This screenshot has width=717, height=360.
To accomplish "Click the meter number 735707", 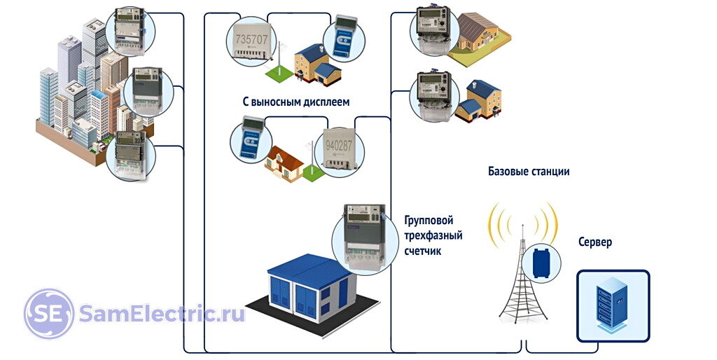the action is tap(251, 39).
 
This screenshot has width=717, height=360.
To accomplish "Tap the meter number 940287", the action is tap(339, 146).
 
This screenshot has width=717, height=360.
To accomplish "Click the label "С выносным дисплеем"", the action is tap(296, 102).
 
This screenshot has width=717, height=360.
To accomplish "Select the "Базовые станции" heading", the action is tap(529, 172).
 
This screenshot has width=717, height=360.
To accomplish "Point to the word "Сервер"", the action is tap(595, 242).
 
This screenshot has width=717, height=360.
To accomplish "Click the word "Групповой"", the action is tap(429, 221).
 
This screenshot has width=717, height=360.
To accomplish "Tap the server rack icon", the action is tap(613, 306).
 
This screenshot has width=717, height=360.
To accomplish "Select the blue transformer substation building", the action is tap(312, 288).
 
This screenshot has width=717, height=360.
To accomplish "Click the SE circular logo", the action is tap(49, 313).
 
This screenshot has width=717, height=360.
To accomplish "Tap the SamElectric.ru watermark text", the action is tap(162, 314).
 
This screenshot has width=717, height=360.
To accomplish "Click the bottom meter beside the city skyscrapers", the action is tap(131, 155).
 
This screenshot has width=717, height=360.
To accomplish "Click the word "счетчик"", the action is tap(423, 251).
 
